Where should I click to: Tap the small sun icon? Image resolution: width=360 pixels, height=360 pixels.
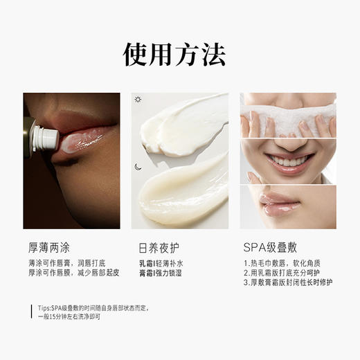138,100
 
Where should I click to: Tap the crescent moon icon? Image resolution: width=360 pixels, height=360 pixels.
138,166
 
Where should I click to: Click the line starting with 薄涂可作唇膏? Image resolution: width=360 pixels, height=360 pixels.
66,264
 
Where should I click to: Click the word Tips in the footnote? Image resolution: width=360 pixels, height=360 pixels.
45,307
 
